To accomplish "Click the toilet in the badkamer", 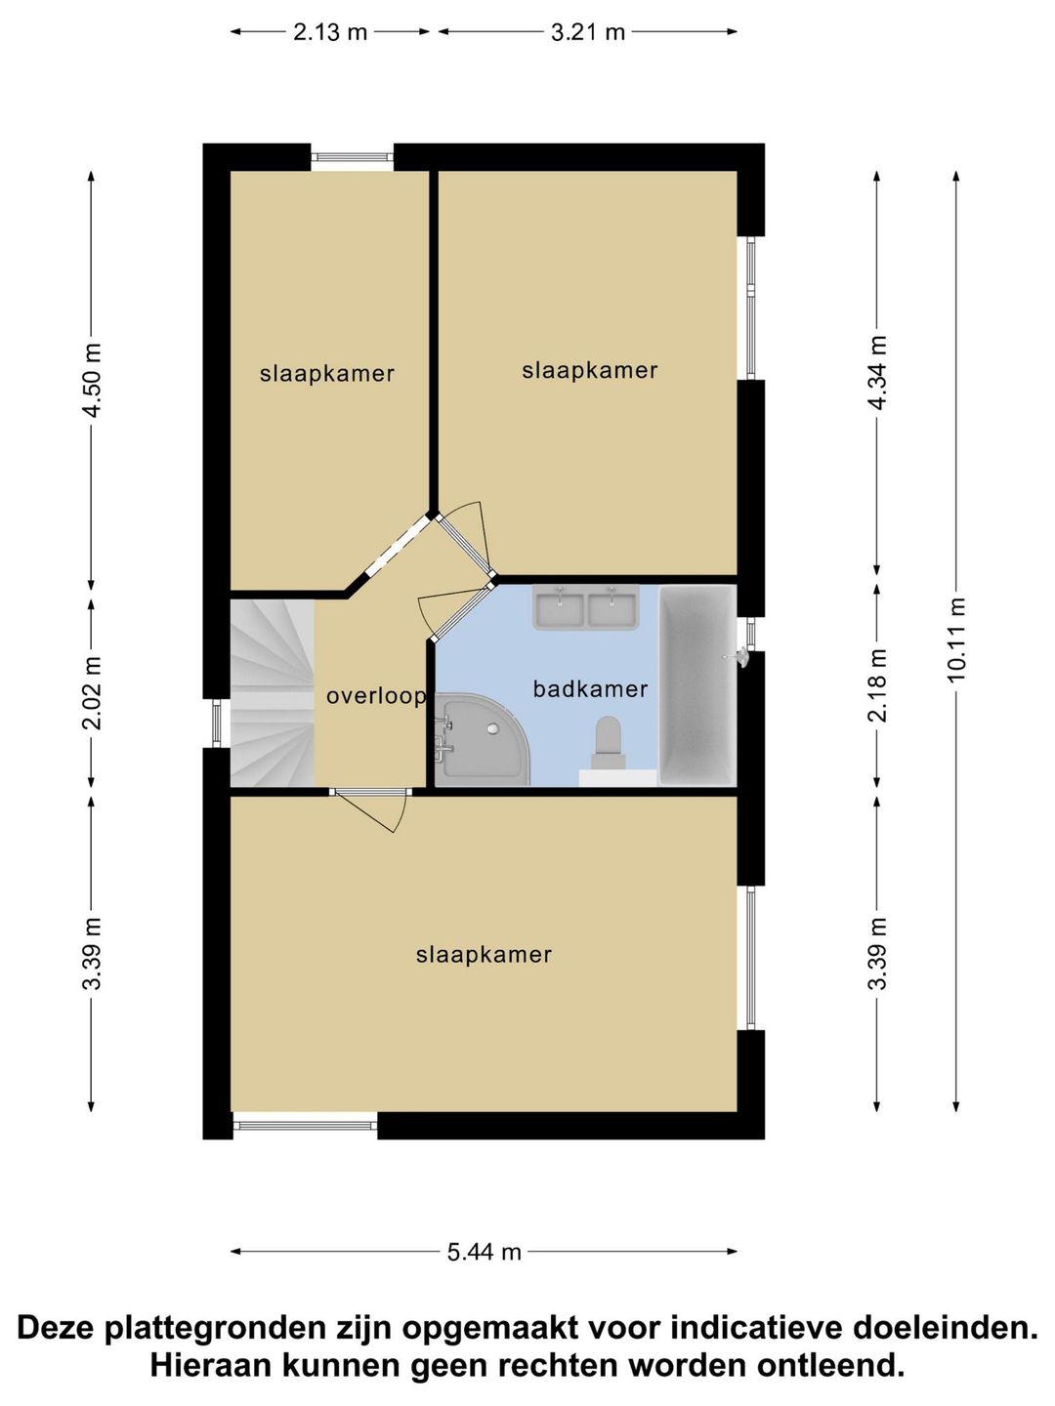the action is (608, 742).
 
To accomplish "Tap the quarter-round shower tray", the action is (482, 739).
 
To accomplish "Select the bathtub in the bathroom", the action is (697, 684).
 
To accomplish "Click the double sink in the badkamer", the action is (585, 606).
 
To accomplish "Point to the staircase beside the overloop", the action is (272, 692).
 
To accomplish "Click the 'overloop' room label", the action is (376, 696).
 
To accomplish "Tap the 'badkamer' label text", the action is (590, 689).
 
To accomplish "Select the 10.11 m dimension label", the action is (955, 640).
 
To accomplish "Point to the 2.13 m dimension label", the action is (330, 31).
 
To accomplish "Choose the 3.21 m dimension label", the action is (587, 31).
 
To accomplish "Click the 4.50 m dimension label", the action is (92, 380).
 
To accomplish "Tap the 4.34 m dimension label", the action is (877, 372).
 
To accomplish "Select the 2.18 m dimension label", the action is (877, 685).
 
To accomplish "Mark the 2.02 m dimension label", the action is (92, 693).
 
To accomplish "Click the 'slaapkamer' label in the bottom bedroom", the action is (484, 955).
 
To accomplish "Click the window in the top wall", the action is (353, 157).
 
